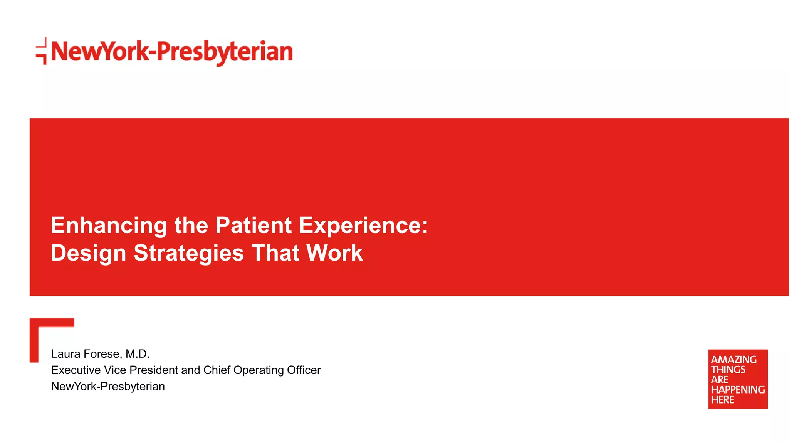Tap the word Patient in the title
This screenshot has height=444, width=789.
(x=253, y=225)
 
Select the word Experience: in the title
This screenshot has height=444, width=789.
(x=363, y=225)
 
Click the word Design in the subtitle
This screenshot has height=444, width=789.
(x=88, y=253)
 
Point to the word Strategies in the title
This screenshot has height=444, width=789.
(x=188, y=253)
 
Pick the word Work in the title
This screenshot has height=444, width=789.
(x=334, y=253)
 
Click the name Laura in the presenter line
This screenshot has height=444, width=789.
(x=65, y=354)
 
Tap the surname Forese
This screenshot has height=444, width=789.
(x=102, y=354)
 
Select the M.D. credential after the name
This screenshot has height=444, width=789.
(x=137, y=354)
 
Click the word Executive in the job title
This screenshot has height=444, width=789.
(x=76, y=370)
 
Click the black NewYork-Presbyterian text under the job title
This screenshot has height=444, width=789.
(x=108, y=386)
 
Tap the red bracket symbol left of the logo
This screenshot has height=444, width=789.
(x=42, y=51)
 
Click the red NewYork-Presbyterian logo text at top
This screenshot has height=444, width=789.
(x=172, y=52)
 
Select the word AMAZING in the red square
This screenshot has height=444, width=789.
(x=734, y=360)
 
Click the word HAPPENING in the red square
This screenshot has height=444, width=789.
(x=738, y=390)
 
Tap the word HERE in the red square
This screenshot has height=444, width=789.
(x=722, y=400)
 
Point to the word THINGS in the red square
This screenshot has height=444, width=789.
(x=728, y=370)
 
